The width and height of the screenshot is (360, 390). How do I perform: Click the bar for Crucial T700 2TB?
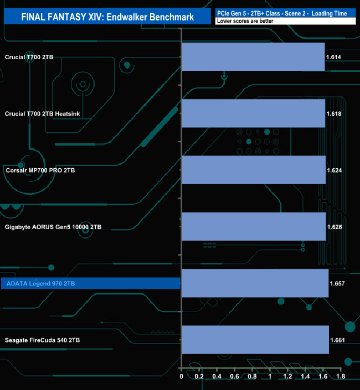[253, 57]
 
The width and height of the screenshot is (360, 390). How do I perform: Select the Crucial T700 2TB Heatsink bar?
[253, 113]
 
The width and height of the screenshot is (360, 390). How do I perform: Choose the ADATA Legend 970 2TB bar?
[255, 283]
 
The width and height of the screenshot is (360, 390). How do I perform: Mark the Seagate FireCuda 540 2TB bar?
[255, 340]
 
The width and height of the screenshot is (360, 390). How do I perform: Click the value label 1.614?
[334, 57]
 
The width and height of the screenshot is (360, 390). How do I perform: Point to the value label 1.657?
[337, 283]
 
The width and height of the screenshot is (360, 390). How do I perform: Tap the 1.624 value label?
[335, 170]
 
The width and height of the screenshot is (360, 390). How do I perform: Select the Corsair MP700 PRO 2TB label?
[40, 170]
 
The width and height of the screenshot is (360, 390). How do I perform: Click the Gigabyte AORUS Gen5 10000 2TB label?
[53, 227]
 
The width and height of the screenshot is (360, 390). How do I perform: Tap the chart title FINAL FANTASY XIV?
[107, 17]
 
